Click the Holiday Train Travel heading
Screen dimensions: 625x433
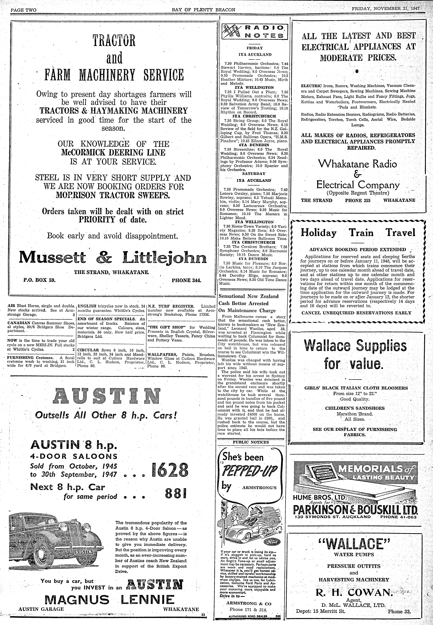358,233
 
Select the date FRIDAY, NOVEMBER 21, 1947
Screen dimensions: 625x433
385,9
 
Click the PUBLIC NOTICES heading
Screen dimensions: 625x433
251,442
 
